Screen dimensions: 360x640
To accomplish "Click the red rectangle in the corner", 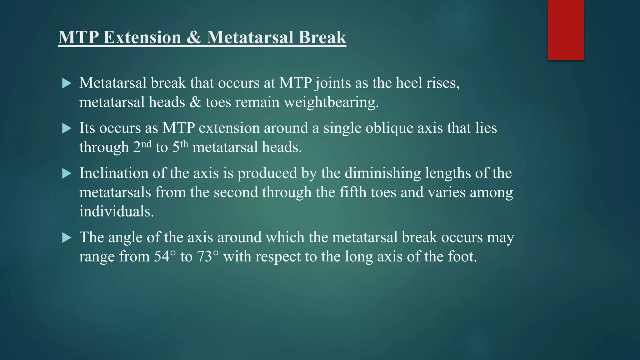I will (x=566, y=30).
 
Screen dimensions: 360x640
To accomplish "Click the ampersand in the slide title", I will (x=194, y=37).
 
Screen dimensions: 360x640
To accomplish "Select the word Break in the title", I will (x=322, y=37).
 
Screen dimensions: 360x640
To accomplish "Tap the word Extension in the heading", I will (x=142, y=37).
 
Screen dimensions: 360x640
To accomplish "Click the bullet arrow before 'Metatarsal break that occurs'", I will (x=67, y=83).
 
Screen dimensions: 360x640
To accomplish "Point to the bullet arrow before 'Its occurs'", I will (x=67, y=128).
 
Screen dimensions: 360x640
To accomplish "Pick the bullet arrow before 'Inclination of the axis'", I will (x=67, y=173).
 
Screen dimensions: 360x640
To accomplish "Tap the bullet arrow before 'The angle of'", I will (x=67, y=238).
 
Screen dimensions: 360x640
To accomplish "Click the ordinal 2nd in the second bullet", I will (x=142, y=147).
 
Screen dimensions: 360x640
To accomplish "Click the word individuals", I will (x=116, y=212).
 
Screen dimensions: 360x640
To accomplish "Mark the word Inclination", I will (x=114, y=173).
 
